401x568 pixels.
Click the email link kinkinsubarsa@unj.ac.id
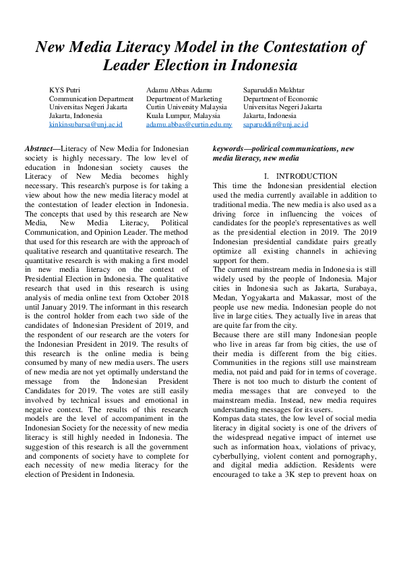[86, 125]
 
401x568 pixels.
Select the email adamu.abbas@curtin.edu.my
[189, 125]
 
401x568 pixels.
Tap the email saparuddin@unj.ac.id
[276, 125]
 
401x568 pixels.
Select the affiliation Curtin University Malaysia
[186, 107]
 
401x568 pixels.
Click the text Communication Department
[91, 98]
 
